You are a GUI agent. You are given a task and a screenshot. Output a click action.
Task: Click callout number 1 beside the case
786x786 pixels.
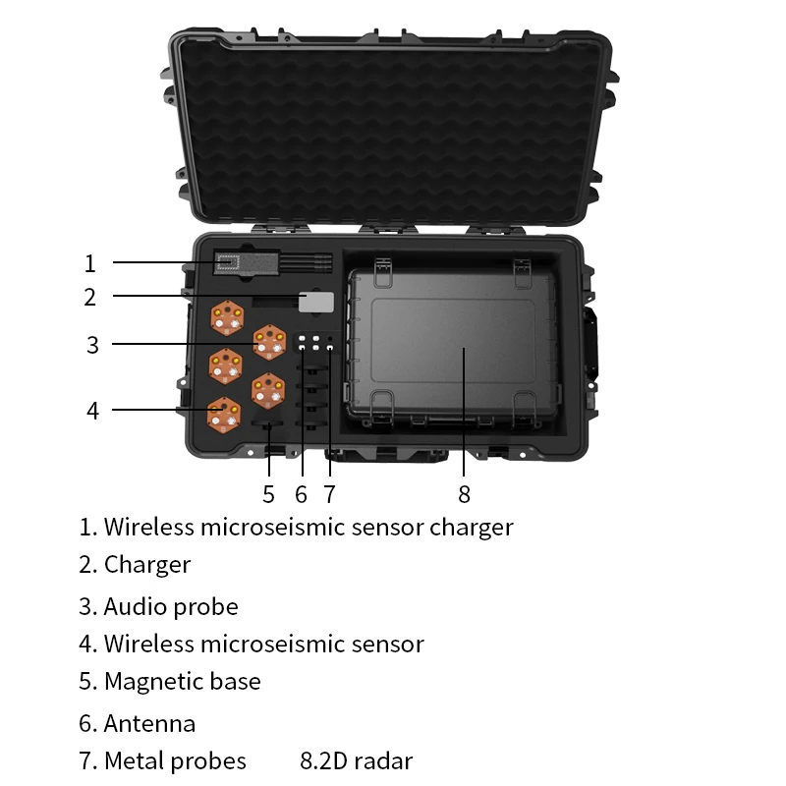pyautogui.click(x=89, y=263)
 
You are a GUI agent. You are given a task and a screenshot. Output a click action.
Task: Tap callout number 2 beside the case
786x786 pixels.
pyautogui.click(x=89, y=296)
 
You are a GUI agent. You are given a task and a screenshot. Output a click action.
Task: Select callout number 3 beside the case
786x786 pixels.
pyautogui.click(x=92, y=345)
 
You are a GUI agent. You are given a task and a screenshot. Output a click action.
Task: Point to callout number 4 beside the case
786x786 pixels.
pyautogui.click(x=92, y=410)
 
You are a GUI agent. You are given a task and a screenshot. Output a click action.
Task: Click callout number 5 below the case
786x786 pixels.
pyautogui.click(x=268, y=493)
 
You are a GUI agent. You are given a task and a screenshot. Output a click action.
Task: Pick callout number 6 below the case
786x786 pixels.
pyautogui.click(x=301, y=493)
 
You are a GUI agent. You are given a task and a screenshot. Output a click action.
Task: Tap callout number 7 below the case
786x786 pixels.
pyautogui.click(x=329, y=493)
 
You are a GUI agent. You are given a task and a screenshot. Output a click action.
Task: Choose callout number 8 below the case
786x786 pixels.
pyautogui.click(x=465, y=493)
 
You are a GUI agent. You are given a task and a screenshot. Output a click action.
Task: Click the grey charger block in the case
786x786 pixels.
pyautogui.click(x=316, y=302)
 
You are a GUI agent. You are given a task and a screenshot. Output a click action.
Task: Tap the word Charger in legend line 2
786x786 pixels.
pyautogui.click(x=147, y=565)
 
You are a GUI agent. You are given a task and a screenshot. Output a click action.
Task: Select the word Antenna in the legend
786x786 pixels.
pyautogui.click(x=149, y=724)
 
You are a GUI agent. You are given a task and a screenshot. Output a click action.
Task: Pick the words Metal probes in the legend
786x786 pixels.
pyautogui.click(x=175, y=760)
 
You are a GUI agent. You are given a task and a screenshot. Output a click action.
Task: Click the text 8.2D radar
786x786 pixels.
pyautogui.click(x=356, y=760)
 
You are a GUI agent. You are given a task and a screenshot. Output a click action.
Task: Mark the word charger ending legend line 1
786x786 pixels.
pyautogui.click(x=471, y=528)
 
